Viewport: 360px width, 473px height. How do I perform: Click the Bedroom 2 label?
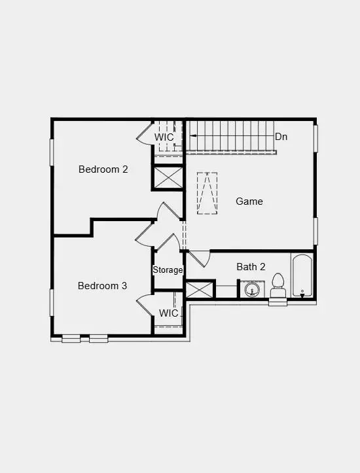(x=103, y=169)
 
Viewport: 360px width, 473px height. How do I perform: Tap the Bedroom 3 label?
(x=102, y=286)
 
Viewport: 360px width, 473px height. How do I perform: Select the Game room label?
(x=249, y=201)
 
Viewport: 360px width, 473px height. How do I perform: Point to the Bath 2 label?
(x=251, y=267)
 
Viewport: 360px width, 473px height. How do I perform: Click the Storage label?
(x=168, y=270)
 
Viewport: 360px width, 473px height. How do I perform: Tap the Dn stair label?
(x=281, y=137)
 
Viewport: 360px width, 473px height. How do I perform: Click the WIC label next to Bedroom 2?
(x=164, y=137)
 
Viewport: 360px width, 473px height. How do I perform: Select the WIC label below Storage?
(x=168, y=313)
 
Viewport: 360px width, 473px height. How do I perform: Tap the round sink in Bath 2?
(x=249, y=289)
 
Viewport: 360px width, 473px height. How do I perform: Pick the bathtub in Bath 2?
(x=302, y=275)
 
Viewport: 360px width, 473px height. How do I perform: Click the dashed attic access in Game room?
(x=207, y=193)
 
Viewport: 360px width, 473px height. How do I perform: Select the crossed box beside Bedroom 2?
(x=168, y=177)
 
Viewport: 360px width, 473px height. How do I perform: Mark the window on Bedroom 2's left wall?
(x=52, y=152)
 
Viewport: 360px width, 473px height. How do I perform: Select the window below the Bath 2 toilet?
(x=278, y=302)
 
